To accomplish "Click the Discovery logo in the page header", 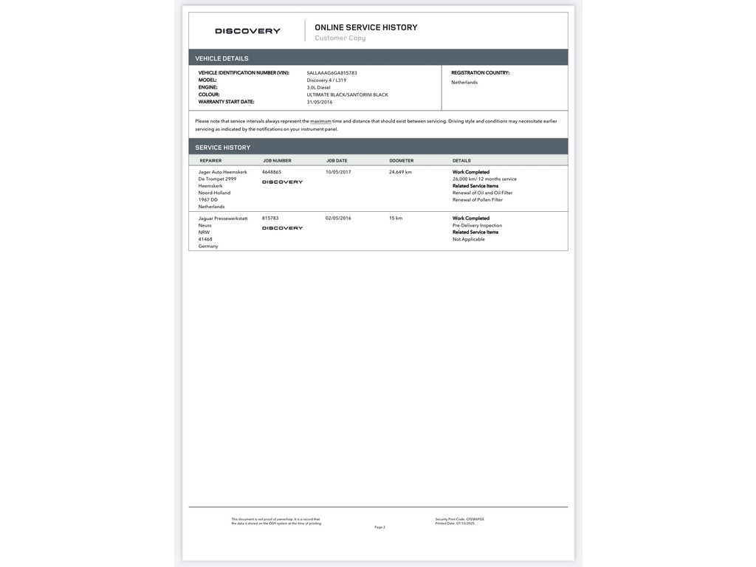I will pos(247,31).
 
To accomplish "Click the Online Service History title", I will pos(365,27).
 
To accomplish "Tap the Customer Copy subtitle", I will pos(340,38).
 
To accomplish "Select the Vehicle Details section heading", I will pos(221,58).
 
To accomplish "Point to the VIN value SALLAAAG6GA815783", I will pos(331,73).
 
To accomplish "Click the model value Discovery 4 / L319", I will pos(326,80).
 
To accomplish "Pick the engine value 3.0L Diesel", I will pos(318,87).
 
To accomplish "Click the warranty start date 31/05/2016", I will pos(320,102).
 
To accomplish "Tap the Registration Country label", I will pos(480,73).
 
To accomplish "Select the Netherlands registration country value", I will pos(464,82).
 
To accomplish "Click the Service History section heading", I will pos(222,148).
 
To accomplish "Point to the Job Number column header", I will pos(277,160).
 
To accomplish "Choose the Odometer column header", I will pos(402,160).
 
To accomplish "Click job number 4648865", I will pos(272,172).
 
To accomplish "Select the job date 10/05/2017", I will pos(338,172).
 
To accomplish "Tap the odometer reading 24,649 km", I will pos(400,172).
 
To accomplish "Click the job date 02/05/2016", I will pos(338,219).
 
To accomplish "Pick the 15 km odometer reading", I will pos(396,219).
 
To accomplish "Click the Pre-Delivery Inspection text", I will pos(477,225).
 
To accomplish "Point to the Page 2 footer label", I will pos(379,527).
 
